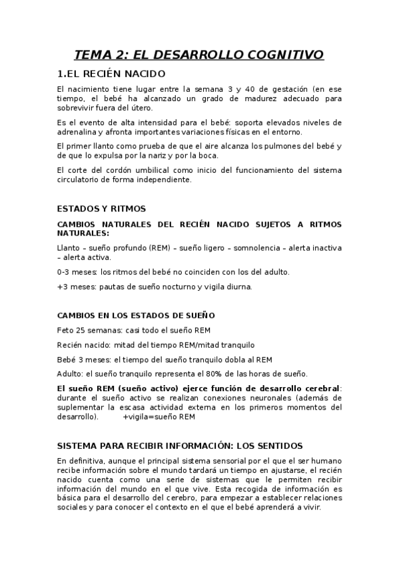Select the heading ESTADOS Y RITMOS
(x=101, y=209)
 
